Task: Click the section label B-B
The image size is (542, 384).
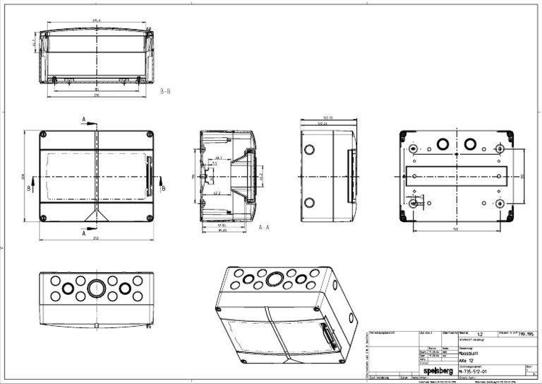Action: pos(166,91)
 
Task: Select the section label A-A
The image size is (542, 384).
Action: pos(265,228)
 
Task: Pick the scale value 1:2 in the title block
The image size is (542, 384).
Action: pos(480,334)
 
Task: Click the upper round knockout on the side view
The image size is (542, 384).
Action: pos(310,151)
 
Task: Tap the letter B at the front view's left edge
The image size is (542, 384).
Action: pos(29,189)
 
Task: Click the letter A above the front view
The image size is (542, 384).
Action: pos(85,121)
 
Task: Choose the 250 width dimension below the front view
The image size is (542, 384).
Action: pos(96,238)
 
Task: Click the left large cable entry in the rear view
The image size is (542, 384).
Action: pos(442,144)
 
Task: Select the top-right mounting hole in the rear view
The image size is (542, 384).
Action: pos(500,148)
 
